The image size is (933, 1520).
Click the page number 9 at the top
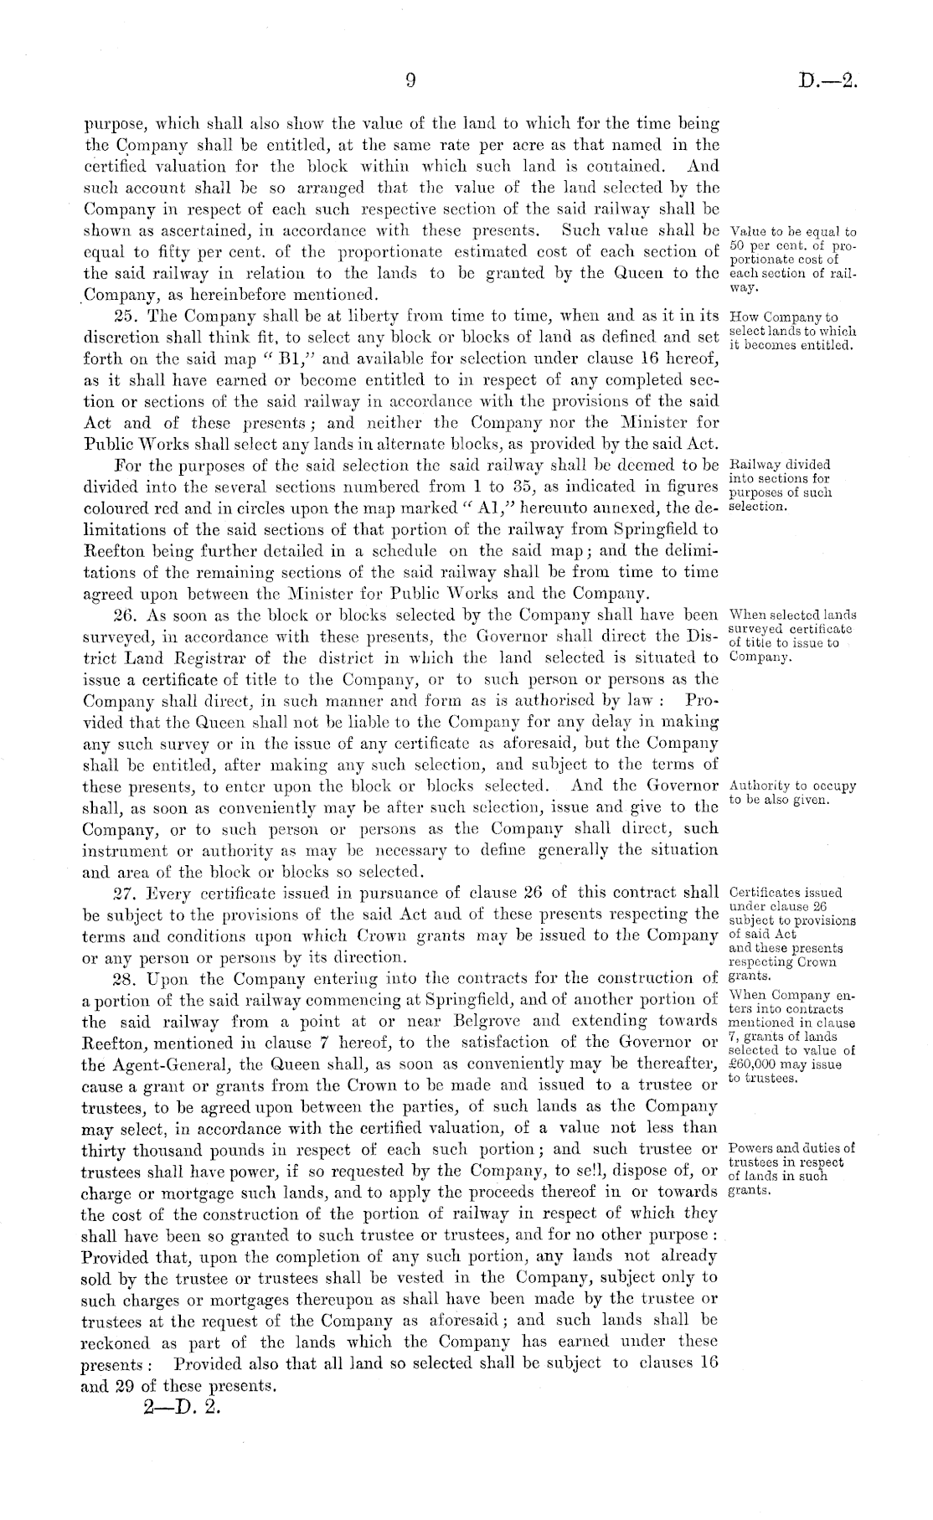point(410,80)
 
